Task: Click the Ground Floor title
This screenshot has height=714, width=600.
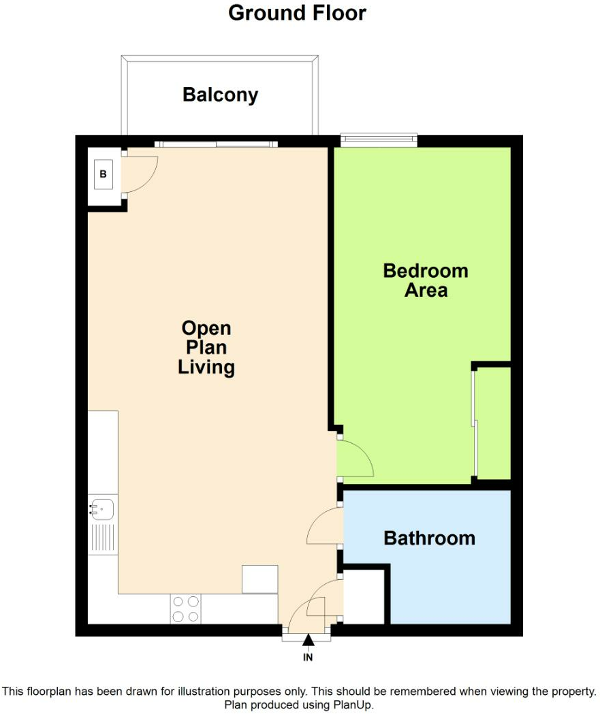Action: click(x=297, y=13)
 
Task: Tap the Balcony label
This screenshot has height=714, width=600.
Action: click(x=220, y=95)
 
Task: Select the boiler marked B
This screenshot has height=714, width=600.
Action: click(x=104, y=174)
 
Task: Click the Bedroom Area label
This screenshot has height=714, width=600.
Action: click(x=426, y=280)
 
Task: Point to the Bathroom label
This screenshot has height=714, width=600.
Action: click(x=429, y=538)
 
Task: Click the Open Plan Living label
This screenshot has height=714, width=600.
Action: click(x=206, y=348)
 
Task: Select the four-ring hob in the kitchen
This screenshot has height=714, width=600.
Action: click(x=186, y=608)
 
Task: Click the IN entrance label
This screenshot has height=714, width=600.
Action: click(x=308, y=658)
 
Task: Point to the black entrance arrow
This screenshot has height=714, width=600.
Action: click(x=308, y=640)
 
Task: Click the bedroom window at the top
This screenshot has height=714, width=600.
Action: click(x=378, y=140)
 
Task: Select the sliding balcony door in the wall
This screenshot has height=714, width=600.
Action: click(x=216, y=144)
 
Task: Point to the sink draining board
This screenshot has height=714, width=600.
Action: click(x=104, y=538)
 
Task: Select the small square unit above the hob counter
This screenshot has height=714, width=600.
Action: click(x=259, y=579)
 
